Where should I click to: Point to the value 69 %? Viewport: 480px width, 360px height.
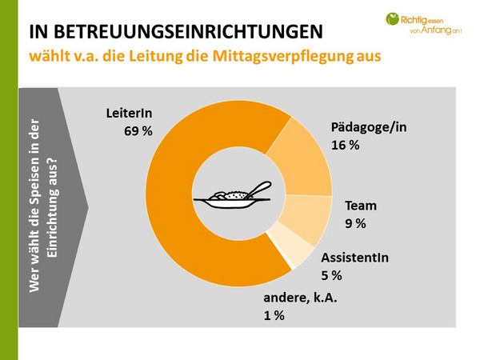tap(138, 130)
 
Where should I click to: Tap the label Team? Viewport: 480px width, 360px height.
tap(359, 206)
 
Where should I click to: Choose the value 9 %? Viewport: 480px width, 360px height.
tap(354, 223)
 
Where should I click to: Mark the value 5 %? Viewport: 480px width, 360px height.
tap(331, 275)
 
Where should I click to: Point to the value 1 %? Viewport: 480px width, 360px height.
tap(274, 316)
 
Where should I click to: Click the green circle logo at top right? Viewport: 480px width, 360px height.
tap(392, 18)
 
